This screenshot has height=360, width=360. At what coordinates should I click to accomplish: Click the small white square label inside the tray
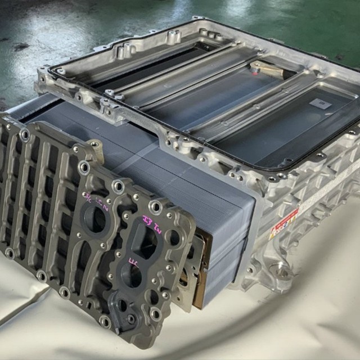coord(322,103)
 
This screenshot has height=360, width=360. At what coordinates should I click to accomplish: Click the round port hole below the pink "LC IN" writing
coord(96,219)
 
